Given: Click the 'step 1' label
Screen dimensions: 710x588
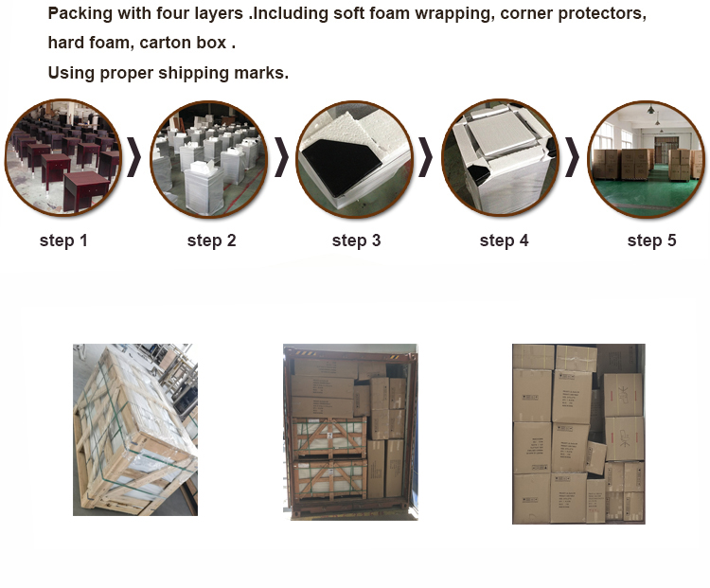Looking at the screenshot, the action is click(63, 241).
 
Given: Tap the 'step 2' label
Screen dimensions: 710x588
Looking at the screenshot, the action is click(211, 241).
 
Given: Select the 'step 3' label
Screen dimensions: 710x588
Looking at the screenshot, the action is click(356, 241).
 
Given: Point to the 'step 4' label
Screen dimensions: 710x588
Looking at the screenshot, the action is click(504, 241).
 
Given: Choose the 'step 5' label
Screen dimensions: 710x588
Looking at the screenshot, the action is click(651, 241).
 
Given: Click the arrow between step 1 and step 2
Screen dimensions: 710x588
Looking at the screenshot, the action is click(134, 157).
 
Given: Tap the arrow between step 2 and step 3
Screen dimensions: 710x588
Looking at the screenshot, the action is click(281, 157).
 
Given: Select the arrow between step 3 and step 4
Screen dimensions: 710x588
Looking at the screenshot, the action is click(425, 157).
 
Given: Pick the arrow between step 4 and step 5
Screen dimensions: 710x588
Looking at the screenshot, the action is click(573, 157).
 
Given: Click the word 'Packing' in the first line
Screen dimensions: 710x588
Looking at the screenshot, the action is click(80, 14).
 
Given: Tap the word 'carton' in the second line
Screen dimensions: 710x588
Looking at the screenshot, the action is click(166, 43).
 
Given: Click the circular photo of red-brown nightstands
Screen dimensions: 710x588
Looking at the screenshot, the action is click(62, 157).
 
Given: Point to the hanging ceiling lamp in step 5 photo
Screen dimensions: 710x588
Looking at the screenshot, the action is click(650, 109).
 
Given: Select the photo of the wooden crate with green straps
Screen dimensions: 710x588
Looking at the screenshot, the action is click(135, 430).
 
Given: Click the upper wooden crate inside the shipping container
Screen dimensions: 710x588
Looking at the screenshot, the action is click(329, 437).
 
